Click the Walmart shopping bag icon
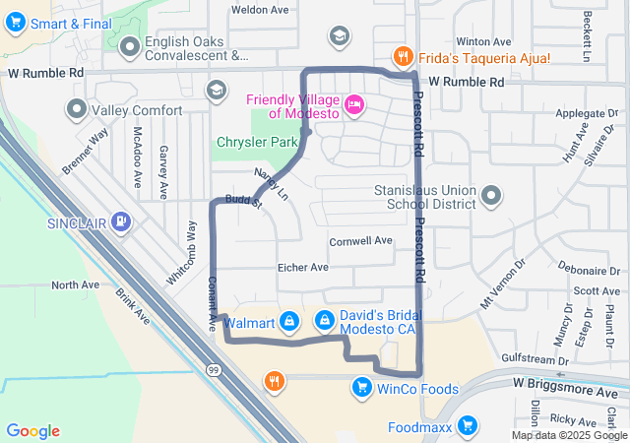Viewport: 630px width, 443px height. [288, 321]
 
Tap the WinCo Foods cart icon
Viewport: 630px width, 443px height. [361, 389]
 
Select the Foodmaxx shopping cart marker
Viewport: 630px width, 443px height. [468, 427]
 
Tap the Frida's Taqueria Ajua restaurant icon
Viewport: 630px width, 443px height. [402, 56]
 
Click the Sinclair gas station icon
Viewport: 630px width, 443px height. [121, 222]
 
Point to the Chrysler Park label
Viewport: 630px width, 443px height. [257, 144]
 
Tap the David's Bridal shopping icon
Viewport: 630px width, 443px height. [324, 320]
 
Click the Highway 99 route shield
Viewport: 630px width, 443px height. [213, 367]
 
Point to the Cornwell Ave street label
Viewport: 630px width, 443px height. [360, 240]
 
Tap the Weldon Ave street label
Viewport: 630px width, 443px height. [259, 10]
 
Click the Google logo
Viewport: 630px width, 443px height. [32, 431]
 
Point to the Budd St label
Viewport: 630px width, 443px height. [243, 201]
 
